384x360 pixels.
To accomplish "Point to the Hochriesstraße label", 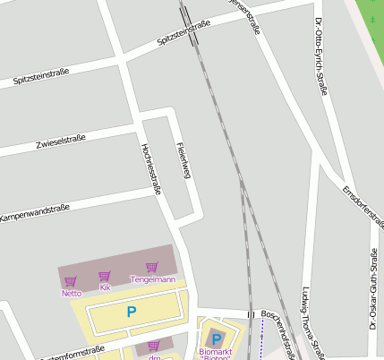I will (x=149, y=170).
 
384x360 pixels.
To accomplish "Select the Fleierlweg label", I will (x=183, y=160).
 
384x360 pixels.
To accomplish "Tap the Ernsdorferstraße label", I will (x=363, y=207).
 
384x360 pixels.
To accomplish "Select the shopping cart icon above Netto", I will (x=70, y=281).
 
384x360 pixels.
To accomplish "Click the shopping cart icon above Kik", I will (x=105, y=277).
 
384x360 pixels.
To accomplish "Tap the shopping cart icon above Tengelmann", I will (x=152, y=267).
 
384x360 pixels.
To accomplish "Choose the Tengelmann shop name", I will (x=153, y=279).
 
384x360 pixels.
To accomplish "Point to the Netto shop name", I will (x=71, y=293).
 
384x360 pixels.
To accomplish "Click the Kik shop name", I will (x=105, y=287).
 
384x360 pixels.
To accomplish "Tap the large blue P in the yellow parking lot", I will (x=132, y=313).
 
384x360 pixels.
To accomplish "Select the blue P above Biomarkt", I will (x=215, y=339).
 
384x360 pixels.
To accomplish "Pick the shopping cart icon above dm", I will (x=153, y=346).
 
